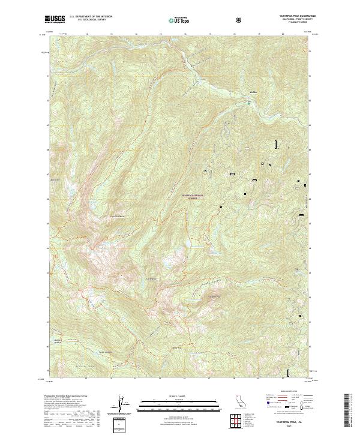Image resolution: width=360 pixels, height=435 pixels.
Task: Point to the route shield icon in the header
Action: pyautogui.click(x=240, y=20)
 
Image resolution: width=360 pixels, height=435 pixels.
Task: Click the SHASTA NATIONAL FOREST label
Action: pyautogui.click(x=194, y=196)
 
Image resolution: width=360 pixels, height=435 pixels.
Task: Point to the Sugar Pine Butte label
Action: pyautogui.click(x=116, y=217)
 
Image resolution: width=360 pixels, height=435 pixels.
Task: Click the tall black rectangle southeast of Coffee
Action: pyautogui.click(x=275, y=144)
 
